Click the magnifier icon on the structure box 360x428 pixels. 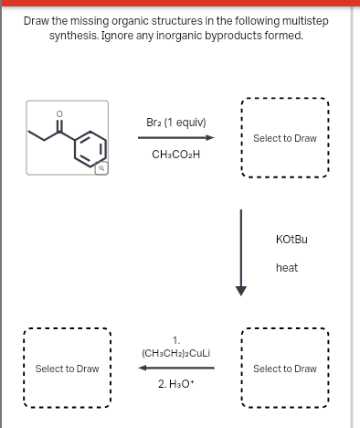point(128,167)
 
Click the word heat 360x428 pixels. point(287,268)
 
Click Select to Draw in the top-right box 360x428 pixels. point(284,138)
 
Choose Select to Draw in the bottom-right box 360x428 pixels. point(284,369)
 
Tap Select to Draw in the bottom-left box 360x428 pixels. point(67,369)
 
